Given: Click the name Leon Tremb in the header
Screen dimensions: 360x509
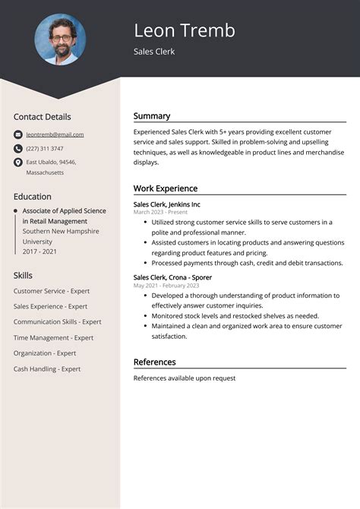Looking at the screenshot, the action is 185,30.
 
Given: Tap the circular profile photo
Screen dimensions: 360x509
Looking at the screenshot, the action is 60,39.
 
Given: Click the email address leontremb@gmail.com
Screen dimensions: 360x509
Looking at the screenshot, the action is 55,134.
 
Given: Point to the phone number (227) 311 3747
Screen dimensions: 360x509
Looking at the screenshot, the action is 45,148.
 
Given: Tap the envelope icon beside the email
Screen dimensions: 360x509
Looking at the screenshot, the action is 17,134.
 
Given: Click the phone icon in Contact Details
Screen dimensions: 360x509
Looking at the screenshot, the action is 17,148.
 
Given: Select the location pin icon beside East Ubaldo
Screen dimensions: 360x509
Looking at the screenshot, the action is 17,162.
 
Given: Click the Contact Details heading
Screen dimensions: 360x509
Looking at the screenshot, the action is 42,117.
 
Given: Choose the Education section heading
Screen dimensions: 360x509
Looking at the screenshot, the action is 32,196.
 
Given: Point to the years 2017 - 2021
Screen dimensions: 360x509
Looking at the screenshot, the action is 40,251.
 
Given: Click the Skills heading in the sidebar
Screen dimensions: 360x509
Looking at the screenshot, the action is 23,275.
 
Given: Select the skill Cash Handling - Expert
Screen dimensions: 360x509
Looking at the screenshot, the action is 47,369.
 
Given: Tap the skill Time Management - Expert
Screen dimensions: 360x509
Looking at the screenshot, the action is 53,338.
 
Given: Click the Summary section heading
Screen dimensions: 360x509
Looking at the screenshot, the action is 152,116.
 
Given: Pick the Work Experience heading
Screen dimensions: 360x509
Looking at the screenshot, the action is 166,188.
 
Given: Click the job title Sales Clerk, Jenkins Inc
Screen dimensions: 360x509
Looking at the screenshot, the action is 167,204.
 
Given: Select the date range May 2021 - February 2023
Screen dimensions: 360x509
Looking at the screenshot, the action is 166,286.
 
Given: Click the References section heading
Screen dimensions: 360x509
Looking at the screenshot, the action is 154,362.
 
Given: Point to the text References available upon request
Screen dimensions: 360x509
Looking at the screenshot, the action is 185,378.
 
